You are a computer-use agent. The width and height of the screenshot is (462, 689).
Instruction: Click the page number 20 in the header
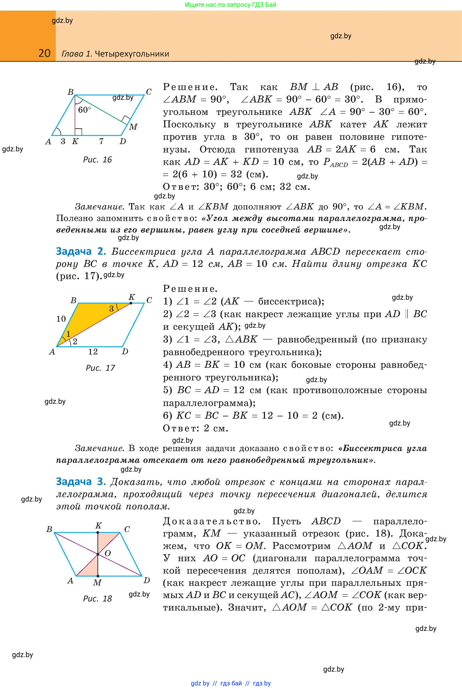tap(45, 53)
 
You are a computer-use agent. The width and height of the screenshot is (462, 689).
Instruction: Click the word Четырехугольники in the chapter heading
tap(132, 54)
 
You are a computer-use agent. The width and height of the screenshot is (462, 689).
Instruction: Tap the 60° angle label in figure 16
tap(85, 110)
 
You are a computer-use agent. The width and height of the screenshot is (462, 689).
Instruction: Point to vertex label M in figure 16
tap(133, 127)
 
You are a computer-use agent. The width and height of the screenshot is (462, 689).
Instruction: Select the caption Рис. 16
tap(97, 160)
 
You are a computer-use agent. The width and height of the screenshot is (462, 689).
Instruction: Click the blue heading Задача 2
tap(81, 251)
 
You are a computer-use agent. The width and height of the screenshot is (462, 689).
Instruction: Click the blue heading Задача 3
tap(81, 481)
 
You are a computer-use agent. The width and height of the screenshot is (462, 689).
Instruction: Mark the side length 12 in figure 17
tap(93, 351)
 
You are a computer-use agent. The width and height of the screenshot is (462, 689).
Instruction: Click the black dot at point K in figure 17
tap(131, 303)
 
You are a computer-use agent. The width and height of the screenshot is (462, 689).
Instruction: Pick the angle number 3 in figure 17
tap(111, 309)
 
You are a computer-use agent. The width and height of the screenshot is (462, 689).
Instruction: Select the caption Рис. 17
tap(100, 368)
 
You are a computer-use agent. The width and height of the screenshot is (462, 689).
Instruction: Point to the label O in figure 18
tap(108, 553)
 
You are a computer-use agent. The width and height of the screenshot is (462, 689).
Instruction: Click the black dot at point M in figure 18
tap(98, 576)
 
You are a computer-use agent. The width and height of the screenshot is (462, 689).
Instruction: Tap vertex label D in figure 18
tap(147, 581)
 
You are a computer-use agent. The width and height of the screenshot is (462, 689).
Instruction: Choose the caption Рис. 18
tap(97, 599)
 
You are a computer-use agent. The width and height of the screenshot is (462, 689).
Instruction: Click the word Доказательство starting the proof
tap(212, 521)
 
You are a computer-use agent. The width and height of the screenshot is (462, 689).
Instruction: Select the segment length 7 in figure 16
tap(101, 141)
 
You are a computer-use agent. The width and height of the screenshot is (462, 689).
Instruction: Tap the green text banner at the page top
tap(231, 5)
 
